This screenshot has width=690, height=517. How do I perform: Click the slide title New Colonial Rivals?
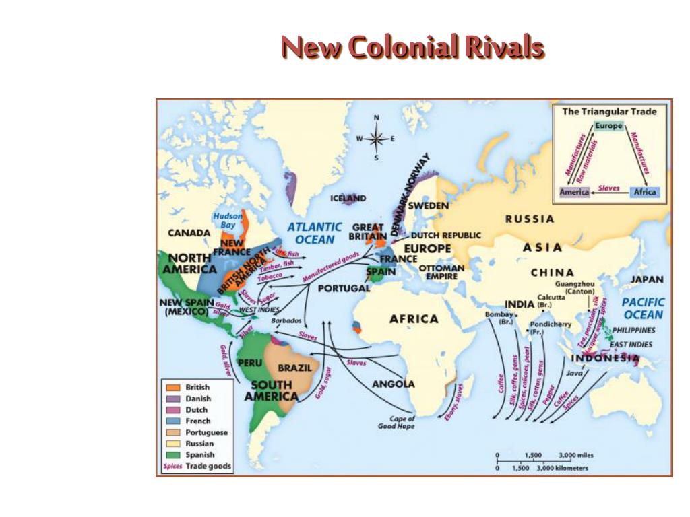(x=412, y=47)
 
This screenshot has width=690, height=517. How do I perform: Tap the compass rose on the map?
(x=376, y=139)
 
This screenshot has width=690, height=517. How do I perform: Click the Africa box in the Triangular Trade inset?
(x=644, y=192)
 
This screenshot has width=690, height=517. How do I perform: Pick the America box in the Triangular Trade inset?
(x=575, y=192)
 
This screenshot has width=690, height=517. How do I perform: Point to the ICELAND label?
(x=348, y=198)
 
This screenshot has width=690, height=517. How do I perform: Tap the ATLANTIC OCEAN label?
(x=315, y=233)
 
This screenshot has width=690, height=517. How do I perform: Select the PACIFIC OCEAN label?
(x=643, y=308)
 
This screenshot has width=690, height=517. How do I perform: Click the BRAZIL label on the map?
(x=294, y=368)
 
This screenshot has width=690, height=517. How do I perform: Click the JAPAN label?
(x=647, y=279)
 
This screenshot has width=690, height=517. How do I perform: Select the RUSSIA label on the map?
(x=530, y=219)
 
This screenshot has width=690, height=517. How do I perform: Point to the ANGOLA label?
(x=394, y=384)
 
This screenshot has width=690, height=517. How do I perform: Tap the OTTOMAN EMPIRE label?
(x=441, y=271)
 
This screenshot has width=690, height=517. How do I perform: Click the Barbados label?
(x=286, y=320)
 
